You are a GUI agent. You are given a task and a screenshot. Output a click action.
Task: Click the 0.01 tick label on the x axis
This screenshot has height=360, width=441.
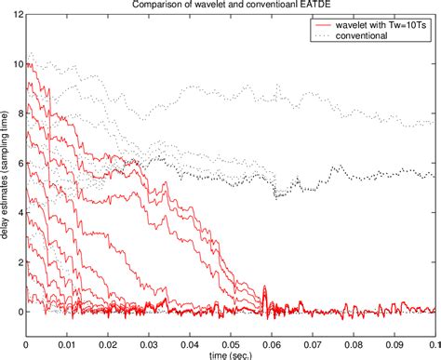67,341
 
